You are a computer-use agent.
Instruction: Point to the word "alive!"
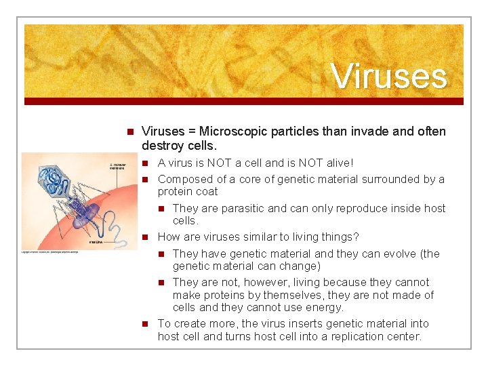[x=338, y=163]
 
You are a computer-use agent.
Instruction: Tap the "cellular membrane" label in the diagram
[x=119, y=166]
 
